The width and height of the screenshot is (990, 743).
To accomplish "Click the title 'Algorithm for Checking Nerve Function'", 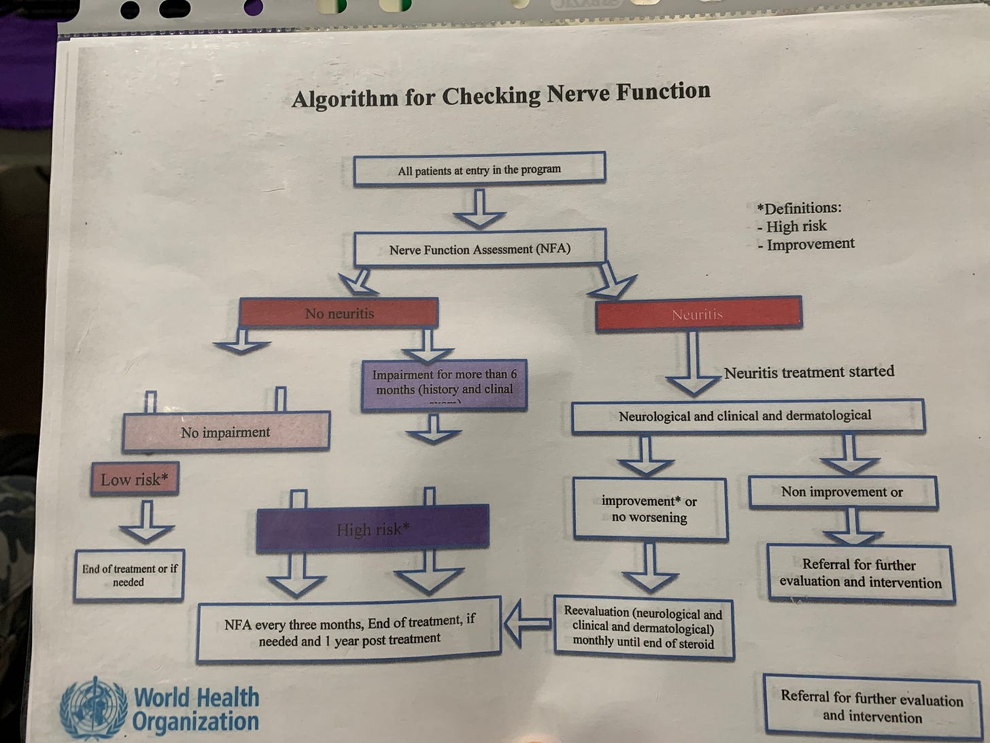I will pos(501,95).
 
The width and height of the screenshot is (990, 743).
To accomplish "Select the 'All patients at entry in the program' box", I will pos(479,169).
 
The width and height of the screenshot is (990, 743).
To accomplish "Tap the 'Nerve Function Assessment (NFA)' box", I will pos(479,248).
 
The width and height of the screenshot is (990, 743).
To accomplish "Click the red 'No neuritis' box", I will pos(339,314).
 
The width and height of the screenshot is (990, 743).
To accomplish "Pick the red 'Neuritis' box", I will pos(698,314).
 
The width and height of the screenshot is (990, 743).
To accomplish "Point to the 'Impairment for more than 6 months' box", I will pos(444,385).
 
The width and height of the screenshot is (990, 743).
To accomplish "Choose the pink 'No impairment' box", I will pos(226,432).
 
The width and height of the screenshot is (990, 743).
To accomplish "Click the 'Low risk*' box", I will pos(135,480).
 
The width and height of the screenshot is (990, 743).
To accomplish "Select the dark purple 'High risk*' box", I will pos(372,529).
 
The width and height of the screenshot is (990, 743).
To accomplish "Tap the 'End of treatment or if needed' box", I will pos(129,576).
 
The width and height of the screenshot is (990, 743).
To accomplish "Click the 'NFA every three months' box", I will pos(349,630).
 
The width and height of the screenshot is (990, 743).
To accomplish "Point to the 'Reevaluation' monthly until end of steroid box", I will pos(643,627).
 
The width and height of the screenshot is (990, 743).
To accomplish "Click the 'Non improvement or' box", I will pos(842,492).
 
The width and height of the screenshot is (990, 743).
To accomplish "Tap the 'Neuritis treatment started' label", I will pos(808,372).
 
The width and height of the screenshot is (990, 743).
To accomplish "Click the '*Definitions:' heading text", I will pos(798,208).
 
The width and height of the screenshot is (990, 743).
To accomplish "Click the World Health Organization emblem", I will pos(94,708).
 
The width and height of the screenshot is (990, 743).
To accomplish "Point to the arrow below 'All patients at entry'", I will pos(479,210).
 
